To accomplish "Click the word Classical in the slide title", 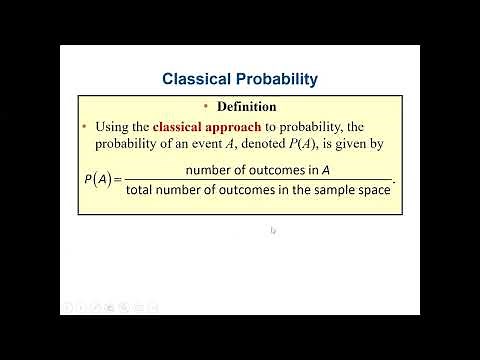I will click(199, 77).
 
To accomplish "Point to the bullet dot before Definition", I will click(206, 106).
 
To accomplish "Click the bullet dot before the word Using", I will click(84, 127).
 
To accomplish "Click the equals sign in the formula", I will click(118, 180).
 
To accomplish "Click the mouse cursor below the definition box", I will click(272, 231).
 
